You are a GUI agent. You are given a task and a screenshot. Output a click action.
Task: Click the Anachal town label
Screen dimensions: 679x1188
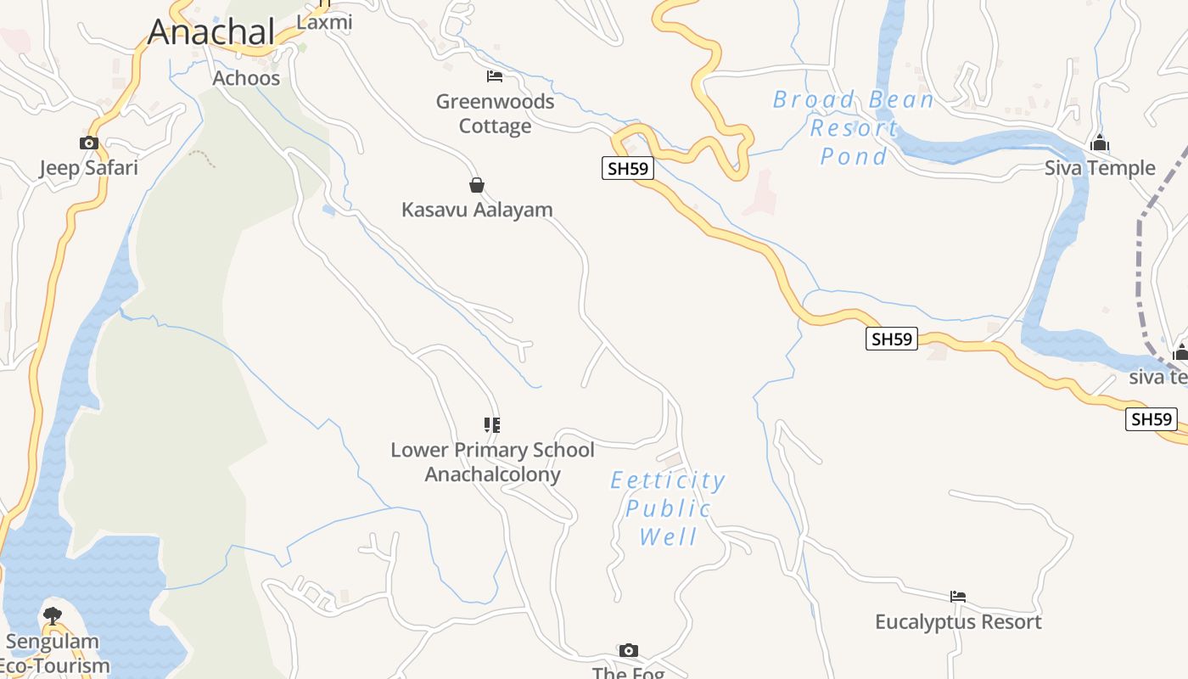[211, 32]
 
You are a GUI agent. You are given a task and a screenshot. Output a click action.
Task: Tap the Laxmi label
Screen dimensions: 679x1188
[324, 23]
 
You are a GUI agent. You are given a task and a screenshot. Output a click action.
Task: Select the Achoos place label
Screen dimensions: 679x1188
[246, 78]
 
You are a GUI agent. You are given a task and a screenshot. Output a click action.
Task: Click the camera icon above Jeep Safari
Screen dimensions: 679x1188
[88, 143]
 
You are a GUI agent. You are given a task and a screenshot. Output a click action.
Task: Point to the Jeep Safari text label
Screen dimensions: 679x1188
[88, 167]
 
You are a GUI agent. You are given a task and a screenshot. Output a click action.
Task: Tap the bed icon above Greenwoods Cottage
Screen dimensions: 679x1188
[495, 76]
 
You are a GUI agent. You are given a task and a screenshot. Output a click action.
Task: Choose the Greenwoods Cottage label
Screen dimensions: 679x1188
[495, 114]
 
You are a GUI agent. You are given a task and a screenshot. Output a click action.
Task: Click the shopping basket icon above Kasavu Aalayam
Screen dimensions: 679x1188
[477, 185]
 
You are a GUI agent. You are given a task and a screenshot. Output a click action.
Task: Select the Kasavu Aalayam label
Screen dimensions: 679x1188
[477, 210]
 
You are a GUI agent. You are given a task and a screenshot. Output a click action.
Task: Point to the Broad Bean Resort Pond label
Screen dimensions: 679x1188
[853, 128]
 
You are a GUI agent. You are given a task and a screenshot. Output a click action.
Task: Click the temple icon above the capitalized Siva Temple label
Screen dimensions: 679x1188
[1100, 143]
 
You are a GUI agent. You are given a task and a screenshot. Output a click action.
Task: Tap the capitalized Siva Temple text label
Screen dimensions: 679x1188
[1100, 168]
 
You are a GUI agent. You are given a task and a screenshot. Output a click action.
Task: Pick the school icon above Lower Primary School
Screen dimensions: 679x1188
[492, 424]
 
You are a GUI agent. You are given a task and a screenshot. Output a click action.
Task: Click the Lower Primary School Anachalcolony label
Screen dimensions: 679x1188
[492, 462]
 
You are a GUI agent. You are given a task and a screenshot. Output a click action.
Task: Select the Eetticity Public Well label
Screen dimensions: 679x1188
[668, 508]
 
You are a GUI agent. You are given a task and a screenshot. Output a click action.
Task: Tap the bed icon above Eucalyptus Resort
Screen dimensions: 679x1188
[958, 597]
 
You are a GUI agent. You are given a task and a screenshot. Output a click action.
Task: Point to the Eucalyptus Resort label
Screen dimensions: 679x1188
[958, 622]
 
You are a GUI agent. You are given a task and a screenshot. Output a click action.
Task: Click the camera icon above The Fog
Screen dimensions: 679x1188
[628, 651]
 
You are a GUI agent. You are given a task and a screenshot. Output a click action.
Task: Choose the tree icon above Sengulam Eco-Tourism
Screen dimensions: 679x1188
[53, 615]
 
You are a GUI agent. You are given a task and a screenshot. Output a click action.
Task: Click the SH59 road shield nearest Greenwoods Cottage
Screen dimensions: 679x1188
[628, 168]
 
